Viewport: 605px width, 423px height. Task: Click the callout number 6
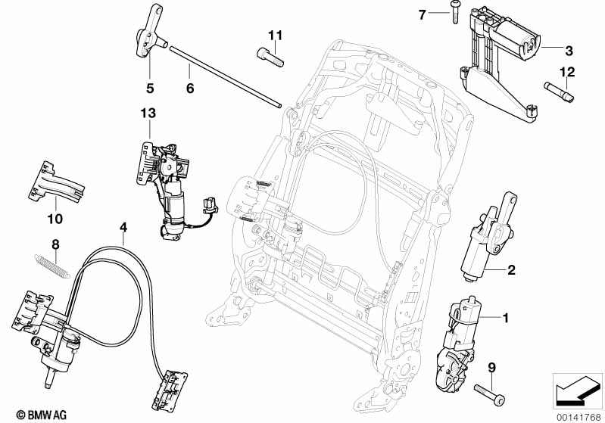click(x=190, y=89)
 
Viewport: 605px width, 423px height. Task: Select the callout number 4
click(x=123, y=226)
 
